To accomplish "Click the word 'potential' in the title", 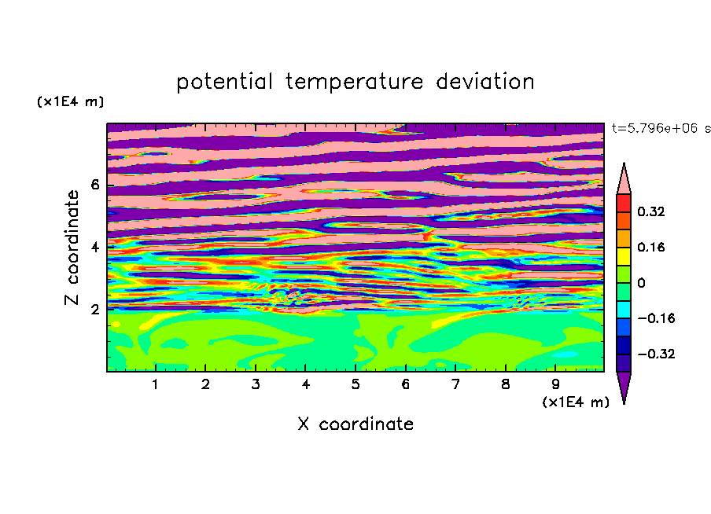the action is [224, 82].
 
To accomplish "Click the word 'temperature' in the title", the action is [355, 82].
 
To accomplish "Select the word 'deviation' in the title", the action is [485, 81].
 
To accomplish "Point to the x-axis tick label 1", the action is [156, 384].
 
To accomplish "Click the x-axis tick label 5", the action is [355, 384].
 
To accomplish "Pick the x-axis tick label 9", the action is [555, 384].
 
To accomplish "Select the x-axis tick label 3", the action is [256, 384].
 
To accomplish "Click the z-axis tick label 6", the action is [94, 185].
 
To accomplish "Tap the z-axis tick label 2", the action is [94, 310].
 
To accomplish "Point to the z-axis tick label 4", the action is [94, 248].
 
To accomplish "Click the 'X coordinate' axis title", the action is [355, 424].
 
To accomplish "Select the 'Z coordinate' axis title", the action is [72, 248].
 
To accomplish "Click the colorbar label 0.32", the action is [650, 211].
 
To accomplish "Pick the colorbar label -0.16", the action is [656, 318].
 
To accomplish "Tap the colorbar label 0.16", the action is [650, 247].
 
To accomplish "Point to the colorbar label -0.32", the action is [656, 354].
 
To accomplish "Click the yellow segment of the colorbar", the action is [624, 256].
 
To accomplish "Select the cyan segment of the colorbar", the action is [624, 310].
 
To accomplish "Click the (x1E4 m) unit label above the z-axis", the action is [70, 101].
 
